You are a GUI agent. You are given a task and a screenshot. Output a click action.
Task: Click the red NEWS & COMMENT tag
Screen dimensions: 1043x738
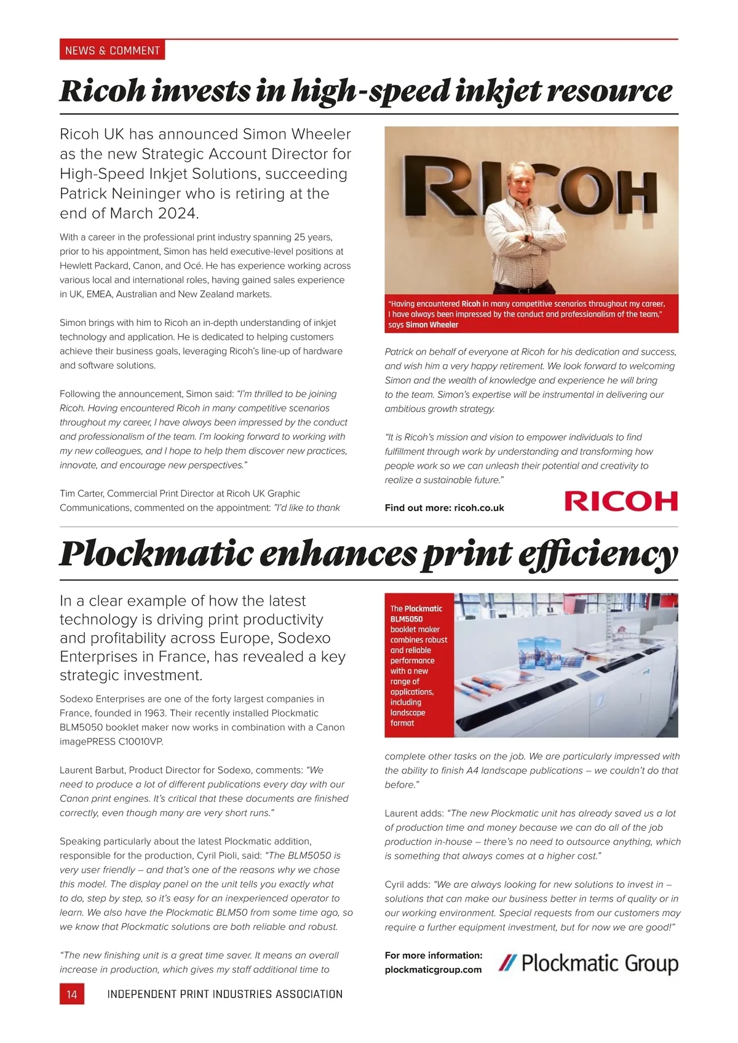pos(112,50)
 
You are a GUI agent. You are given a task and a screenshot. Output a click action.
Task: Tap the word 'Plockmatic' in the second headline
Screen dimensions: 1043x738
pos(156,553)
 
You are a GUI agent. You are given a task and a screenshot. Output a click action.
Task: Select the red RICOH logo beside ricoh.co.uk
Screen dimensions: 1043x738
pos(621,502)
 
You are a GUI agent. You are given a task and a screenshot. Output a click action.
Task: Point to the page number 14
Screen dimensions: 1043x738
pos(71,994)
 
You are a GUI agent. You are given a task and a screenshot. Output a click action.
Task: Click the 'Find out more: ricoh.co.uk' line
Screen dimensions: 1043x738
pos(444,508)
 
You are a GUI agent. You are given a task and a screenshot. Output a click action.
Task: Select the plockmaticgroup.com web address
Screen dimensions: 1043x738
pos(433,970)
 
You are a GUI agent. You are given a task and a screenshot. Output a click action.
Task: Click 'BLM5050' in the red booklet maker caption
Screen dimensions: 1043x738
pos(407,619)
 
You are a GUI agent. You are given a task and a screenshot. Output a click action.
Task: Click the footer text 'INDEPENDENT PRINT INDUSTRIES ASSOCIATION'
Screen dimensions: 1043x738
pos(224,994)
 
